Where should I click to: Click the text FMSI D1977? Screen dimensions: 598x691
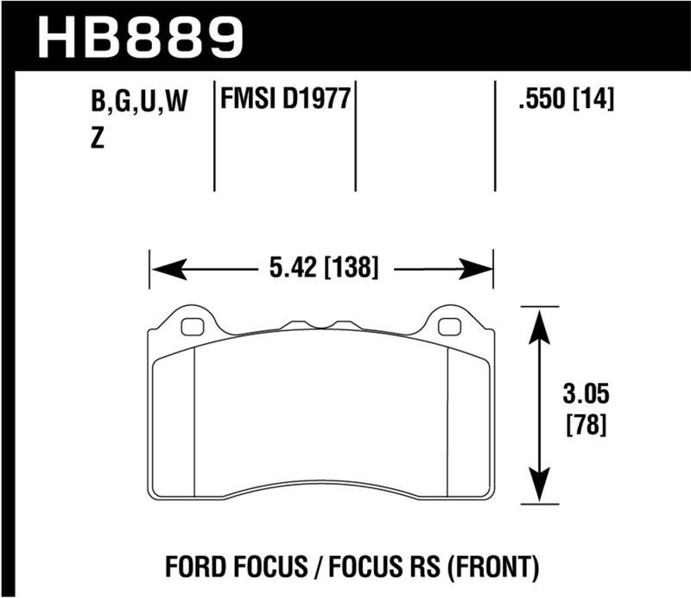click(x=286, y=100)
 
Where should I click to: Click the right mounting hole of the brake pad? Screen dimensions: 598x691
click(x=448, y=327)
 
